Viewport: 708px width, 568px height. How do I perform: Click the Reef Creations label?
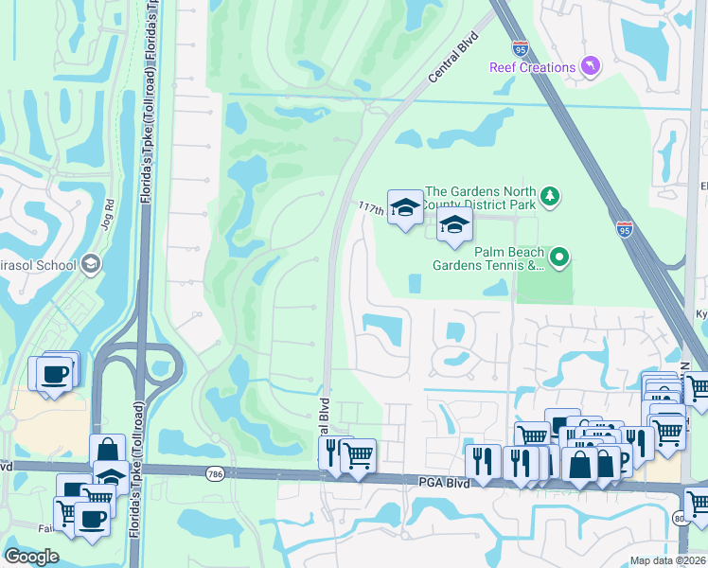click(532, 67)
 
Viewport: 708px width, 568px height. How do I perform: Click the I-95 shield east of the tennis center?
click(623, 228)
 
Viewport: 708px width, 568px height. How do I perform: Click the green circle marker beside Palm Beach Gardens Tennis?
click(559, 257)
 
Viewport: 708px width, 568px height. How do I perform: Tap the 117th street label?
click(371, 206)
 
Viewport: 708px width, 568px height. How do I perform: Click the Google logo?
click(32, 557)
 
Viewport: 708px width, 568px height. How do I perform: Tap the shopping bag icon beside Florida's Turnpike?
click(107, 450)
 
